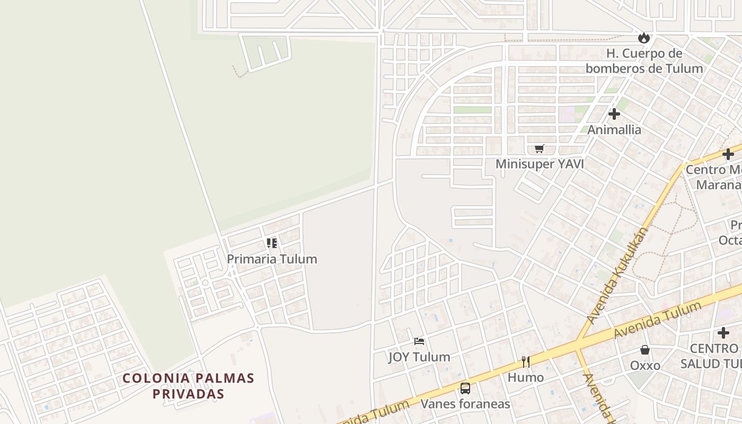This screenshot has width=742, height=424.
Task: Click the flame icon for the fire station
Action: (x=644, y=38)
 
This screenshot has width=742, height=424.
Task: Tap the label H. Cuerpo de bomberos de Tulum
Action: (x=644, y=61)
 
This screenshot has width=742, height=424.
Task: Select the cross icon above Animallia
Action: (x=614, y=114)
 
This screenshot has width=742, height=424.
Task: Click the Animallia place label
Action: (x=614, y=130)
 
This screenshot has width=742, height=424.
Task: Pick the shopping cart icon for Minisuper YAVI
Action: (x=540, y=148)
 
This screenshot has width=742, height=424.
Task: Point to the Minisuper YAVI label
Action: (x=540, y=164)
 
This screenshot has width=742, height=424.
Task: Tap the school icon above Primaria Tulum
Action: (x=272, y=243)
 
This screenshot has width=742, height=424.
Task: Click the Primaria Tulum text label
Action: (x=272, y=259)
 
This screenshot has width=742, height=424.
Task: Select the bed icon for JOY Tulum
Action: (x=419, y=341)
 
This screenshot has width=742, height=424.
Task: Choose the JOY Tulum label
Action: (x=419, y=357)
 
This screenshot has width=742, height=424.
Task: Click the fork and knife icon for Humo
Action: (x=526, y=361)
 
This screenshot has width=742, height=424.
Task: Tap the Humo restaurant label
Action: (x=526, y=377)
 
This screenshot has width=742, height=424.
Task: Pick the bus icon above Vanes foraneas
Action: (x=465, y=388)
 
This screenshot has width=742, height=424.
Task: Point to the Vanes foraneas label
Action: (x=465, y=404)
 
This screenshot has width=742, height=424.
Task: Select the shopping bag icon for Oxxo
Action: (x=645, y=350)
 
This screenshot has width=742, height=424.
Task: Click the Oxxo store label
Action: (x=645, y=366)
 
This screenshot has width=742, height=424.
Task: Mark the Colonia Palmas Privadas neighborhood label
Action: (x=189, y=386)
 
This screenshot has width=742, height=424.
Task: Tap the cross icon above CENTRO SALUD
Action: (x=723, y=333)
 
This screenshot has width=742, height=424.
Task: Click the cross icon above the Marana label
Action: (x=728, y=154)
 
